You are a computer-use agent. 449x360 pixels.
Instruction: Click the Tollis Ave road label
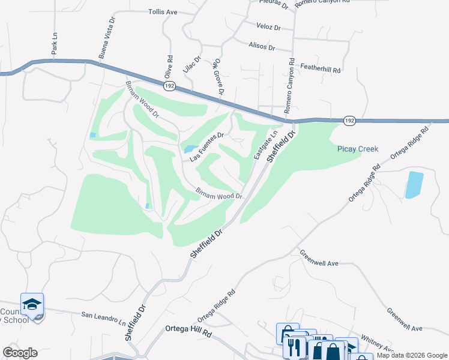pyautogui.click(x=163, y=12)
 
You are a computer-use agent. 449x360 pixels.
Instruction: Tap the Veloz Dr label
pyautogui.click(x=268, y=28)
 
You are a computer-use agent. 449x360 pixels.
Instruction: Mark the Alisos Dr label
pyautogui.click(x=262, y=47)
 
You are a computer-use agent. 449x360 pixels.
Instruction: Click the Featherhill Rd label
pyautogui.click(x=320, y=69)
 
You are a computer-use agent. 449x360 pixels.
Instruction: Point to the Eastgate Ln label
pyautogui.click(x=265, y=145)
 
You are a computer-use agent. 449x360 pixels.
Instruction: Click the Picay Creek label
pyautogui.click(x=358, y=149)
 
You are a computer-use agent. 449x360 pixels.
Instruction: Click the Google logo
pyautogui.click(x=20, y=353)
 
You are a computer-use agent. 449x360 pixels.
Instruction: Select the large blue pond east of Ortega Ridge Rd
pyautogui.click(x=414, y=185)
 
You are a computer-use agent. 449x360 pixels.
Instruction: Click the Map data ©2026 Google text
pyautogui.click(x=412, y=355)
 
